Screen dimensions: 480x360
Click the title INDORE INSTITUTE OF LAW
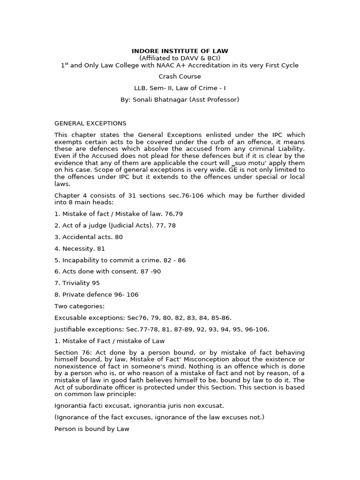(x=180, y=51)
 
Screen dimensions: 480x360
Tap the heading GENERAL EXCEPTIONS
(x=90, y=123)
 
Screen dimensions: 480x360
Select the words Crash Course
(x=180, y=76)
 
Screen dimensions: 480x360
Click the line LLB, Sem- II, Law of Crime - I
(x=180, y=88)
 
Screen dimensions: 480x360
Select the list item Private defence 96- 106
(x=97, y=294)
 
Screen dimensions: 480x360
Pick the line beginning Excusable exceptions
(x=143, y=317)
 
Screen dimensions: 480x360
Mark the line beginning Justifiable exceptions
(x=162, y=329)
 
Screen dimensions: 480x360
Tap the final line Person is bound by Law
(x=92, y=428)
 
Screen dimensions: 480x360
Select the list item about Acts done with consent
(x=108, y=271)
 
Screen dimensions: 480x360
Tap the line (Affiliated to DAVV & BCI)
(x=180, y=58)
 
